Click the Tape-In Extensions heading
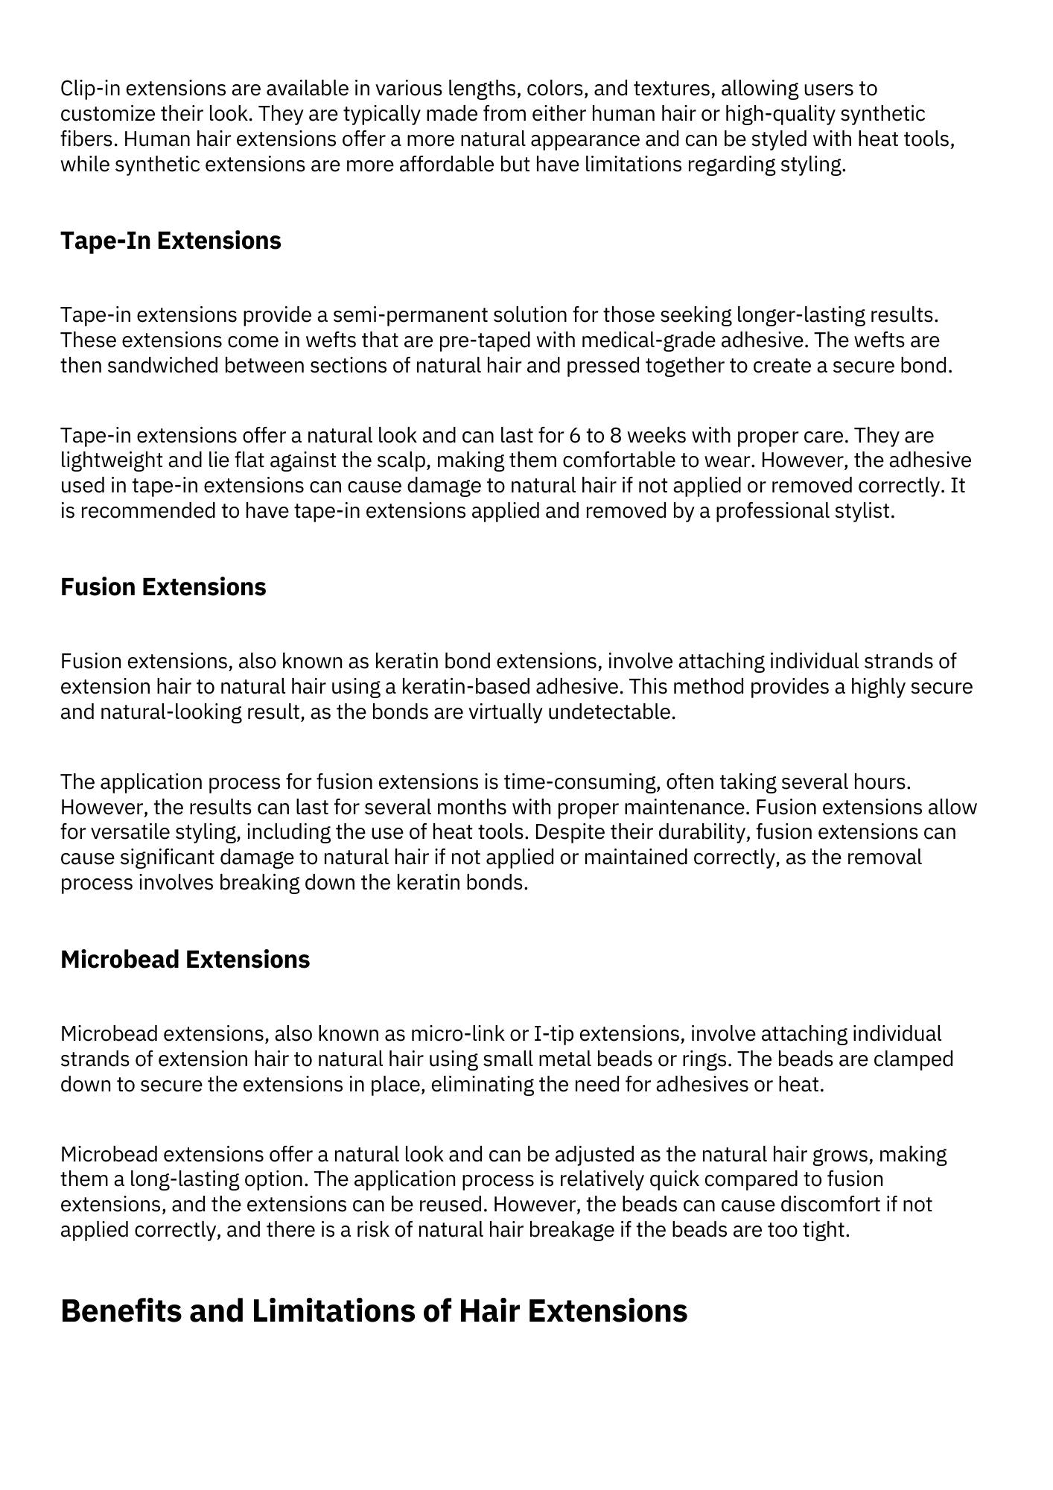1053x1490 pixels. pos(171,241)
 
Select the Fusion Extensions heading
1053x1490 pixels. pos(163,587)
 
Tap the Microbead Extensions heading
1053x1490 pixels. pos(185,960)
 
